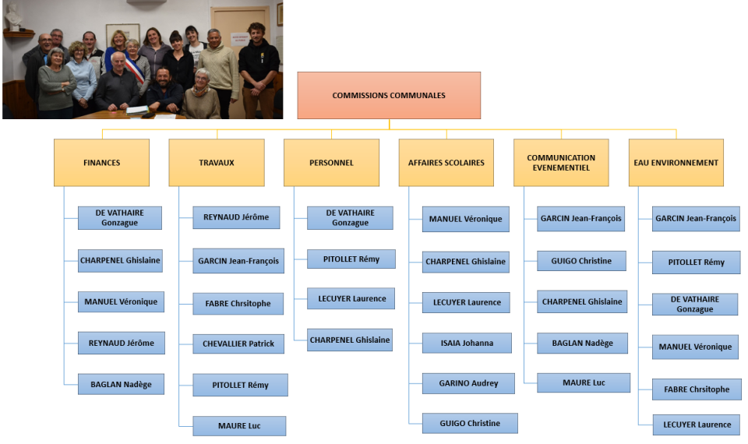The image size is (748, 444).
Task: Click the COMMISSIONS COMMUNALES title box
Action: [389, 95]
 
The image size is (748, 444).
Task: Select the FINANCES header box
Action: [101, 162]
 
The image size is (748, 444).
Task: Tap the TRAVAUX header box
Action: [217, 162]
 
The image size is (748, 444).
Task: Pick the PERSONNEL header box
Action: [331, 162]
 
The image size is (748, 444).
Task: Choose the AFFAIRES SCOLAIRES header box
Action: [446, 162]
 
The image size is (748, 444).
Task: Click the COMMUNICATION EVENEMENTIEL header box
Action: [561, 162]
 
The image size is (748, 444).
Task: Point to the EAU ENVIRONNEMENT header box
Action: [676, 162]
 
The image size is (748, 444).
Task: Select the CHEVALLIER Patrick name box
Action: [238, 343]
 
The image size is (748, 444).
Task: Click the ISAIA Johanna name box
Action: [467, 343]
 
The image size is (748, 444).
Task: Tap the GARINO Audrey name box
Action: [469, 383]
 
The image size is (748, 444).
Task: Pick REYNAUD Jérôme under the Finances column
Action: [121, 343]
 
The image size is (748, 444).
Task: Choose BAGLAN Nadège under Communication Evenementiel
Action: [582, 343]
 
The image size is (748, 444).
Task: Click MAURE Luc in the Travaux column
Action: [238, 425]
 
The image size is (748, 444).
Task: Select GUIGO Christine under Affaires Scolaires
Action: [470, 423]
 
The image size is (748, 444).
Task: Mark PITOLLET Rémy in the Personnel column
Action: [351, 259]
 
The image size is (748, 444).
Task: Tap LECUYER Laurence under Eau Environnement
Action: [697, 425]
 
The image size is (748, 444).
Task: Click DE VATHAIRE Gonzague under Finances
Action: [120, 217]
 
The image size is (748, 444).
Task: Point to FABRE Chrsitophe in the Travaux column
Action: [239, 303]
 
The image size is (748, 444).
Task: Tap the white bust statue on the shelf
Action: [13, 17]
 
